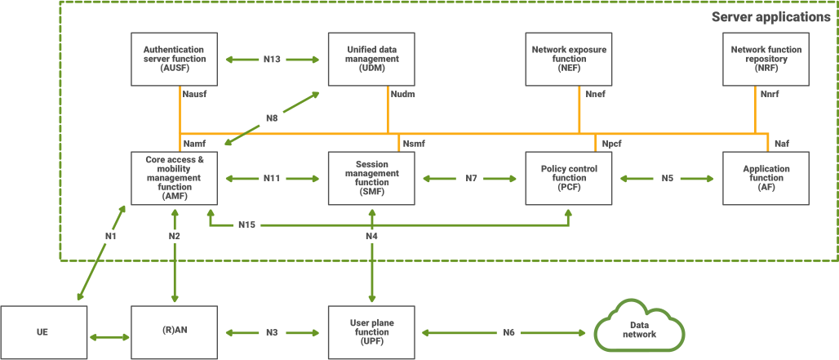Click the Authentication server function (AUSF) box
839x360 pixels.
point(174,59)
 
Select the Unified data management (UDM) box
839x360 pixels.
point(371,59)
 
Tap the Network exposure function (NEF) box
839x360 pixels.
point(569,59)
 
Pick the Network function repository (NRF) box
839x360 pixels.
point(766,59)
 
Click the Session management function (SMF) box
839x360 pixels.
point(371,177)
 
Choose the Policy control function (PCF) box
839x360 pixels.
point(569,177)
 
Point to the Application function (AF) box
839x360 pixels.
point(766,177)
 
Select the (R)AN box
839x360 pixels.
point(174,333)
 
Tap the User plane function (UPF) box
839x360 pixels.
point(371,333)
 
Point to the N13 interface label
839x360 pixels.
point(272,60)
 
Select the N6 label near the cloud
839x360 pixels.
point(508,333)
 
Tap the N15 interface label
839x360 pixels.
point(247,224)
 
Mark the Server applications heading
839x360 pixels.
point(771,16)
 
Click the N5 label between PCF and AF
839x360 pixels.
point(667,178)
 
